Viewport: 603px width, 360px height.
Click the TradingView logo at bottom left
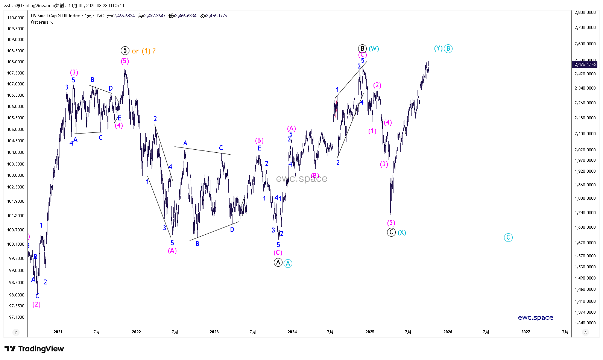point(34,349)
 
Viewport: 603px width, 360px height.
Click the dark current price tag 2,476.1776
point(585,64)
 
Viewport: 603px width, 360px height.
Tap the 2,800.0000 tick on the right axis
point(585,12)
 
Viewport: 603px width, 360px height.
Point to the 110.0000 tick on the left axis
point(16,18)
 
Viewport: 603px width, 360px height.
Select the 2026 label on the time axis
point(448,332)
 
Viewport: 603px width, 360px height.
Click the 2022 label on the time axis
point(136,332)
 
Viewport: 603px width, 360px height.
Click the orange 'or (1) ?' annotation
point(144,51)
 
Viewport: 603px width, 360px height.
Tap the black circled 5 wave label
point(125,50)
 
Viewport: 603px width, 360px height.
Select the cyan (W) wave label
point(374,49)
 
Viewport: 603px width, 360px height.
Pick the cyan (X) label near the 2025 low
point(402,232)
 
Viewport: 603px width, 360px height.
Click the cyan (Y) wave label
point(438,48)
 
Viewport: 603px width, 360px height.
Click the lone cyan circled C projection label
point(508,237)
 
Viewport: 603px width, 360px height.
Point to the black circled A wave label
point(278,262)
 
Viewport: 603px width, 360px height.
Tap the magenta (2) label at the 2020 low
point(36,304)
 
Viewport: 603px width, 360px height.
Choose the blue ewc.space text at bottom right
point(535,317)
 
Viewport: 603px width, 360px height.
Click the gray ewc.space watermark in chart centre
point(301,179)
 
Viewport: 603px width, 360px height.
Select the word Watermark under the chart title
point(42,22)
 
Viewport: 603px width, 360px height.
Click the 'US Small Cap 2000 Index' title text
point(55,16)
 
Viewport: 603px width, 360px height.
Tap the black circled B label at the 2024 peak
point(362,49)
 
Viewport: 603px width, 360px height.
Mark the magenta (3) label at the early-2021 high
point(74,72)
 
